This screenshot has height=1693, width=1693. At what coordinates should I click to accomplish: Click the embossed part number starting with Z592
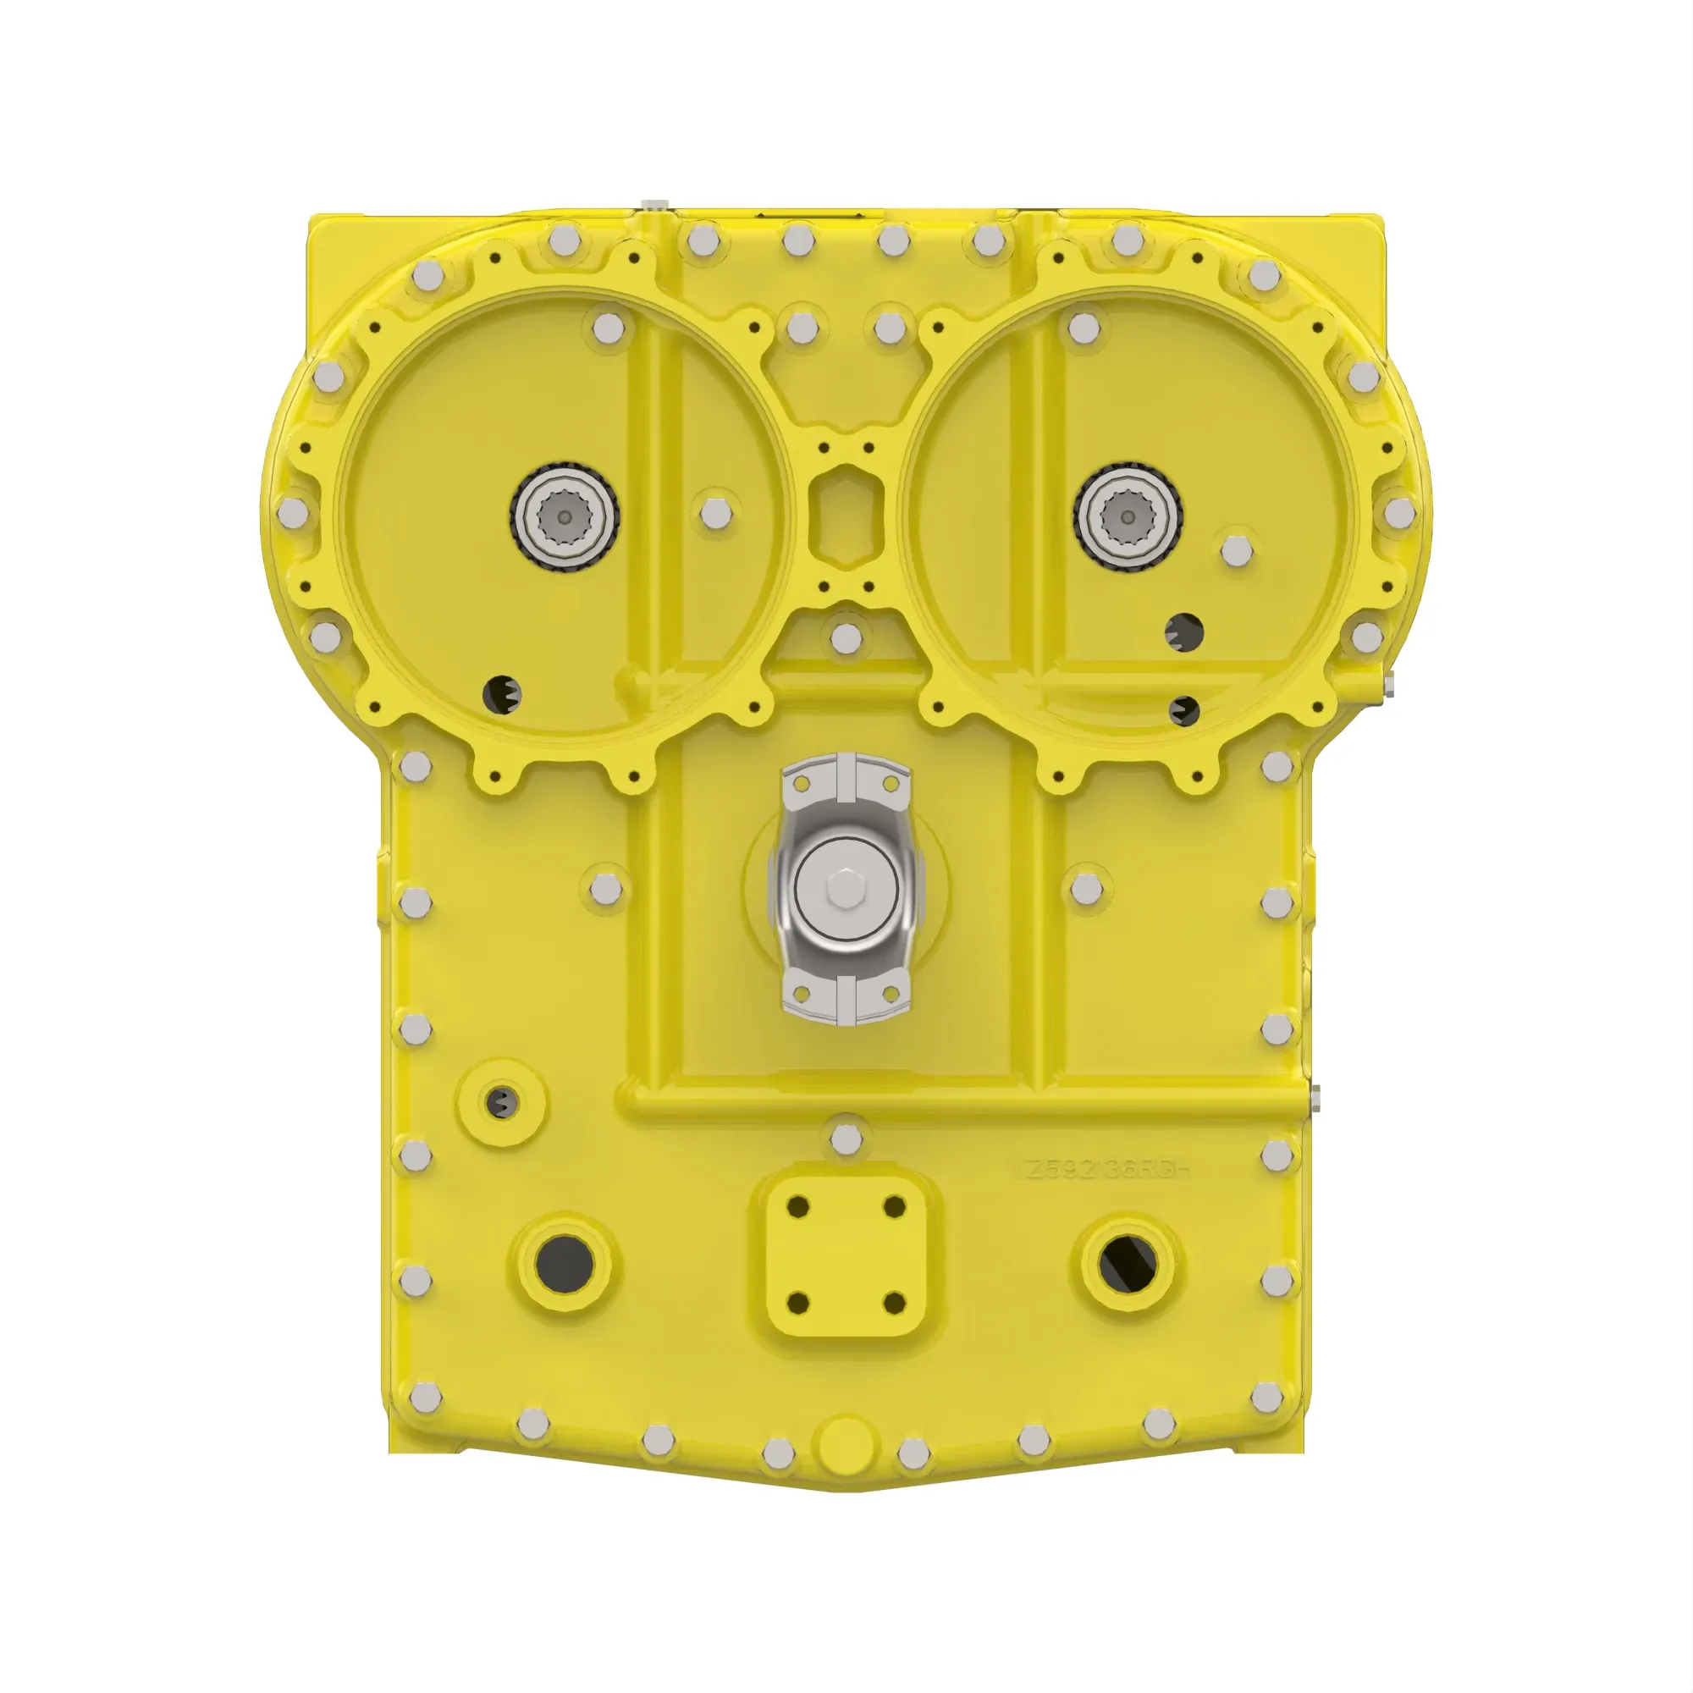tap(1109, 1169)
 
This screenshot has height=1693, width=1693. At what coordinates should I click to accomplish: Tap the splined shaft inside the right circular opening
tap(1128, 518)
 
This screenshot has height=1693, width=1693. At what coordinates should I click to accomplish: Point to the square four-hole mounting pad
tap(846, 1255)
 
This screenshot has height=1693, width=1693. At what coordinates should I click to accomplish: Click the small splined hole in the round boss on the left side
tap(501, 1103)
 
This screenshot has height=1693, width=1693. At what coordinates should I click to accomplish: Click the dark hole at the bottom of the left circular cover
tap(502, 694)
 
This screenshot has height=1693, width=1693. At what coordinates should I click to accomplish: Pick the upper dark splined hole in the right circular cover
tap(1185, 631)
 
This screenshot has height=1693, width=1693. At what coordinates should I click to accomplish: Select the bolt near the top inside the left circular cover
tap(607, 328)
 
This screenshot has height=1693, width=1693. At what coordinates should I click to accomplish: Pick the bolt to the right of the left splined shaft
tap(716, 515)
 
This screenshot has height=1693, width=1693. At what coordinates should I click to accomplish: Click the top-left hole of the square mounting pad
tap(797, 1206)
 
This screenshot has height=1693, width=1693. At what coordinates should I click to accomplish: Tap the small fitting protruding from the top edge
tap(653, 206)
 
